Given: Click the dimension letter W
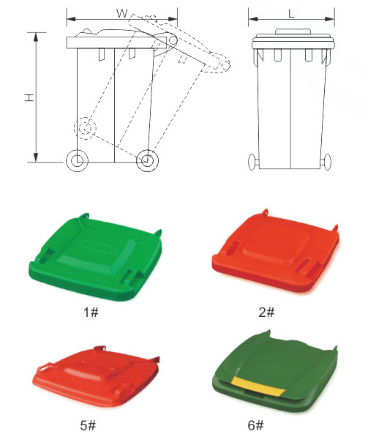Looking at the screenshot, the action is [x=122, y=13].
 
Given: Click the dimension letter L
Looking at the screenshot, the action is [x=292, y=13].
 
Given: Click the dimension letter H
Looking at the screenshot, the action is [x=29, y=97].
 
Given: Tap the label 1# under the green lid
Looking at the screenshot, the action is [x=91, y=313].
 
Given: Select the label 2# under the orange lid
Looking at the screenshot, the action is [x=267, y=313].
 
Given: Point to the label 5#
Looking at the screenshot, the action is [x=89, y=425].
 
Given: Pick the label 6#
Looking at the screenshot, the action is [x=255, y=425].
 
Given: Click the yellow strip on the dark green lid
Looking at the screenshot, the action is [x=258, y=386].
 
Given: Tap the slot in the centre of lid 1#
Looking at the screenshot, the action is [x=97, y=246].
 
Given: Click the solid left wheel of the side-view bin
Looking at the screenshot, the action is [x=77, y=160].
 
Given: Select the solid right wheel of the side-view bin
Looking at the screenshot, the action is [x=147, y=160].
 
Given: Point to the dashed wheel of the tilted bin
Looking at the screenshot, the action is [x=85, y=128].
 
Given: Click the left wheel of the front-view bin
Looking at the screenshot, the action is [x=252, y=162].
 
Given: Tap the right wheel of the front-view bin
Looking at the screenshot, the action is [x=327, y=162].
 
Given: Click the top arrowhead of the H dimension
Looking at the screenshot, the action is [x=36, y=37].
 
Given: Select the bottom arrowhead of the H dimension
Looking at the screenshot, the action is [x=36, y=157].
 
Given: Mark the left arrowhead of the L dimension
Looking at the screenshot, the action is [x=253, y=19].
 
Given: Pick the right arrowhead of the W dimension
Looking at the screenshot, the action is [x=173, y=19].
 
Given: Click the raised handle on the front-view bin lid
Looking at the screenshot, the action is [x=293, y=31].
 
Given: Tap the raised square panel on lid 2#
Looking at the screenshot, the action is [x=275, y=243].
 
